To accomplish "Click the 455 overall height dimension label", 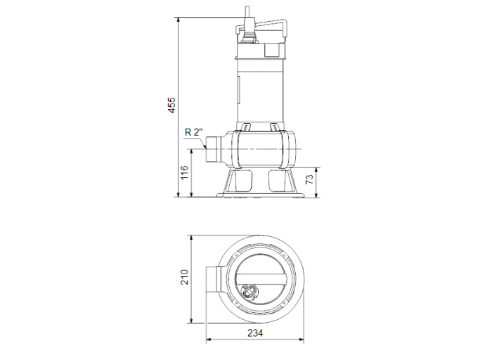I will (171, 105).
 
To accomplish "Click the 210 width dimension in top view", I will (183, 277).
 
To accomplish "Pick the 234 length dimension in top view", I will (255, 333).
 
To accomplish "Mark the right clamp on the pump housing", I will (274, 127).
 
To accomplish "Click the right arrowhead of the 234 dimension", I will (302, 340).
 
